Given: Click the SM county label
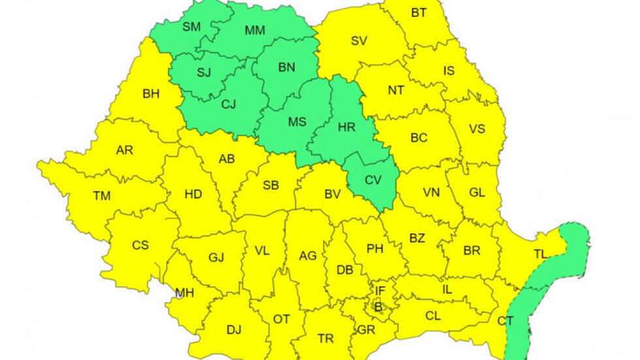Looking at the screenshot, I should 191,27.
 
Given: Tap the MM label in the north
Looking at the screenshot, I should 254,30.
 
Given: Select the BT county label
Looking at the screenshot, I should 419,12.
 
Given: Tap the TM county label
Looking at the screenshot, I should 101,195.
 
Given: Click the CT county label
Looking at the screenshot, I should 505,321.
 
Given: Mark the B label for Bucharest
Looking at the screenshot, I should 377,305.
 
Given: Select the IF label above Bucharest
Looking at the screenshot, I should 379,290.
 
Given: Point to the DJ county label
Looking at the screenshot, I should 234,330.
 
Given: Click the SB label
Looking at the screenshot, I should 271,185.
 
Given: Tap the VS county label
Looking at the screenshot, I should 477,129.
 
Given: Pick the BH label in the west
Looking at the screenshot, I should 151,93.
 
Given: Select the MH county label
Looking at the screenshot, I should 185,293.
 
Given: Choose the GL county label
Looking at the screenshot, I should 477,193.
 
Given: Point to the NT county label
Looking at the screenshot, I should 396,90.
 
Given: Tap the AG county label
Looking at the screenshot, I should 308,256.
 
